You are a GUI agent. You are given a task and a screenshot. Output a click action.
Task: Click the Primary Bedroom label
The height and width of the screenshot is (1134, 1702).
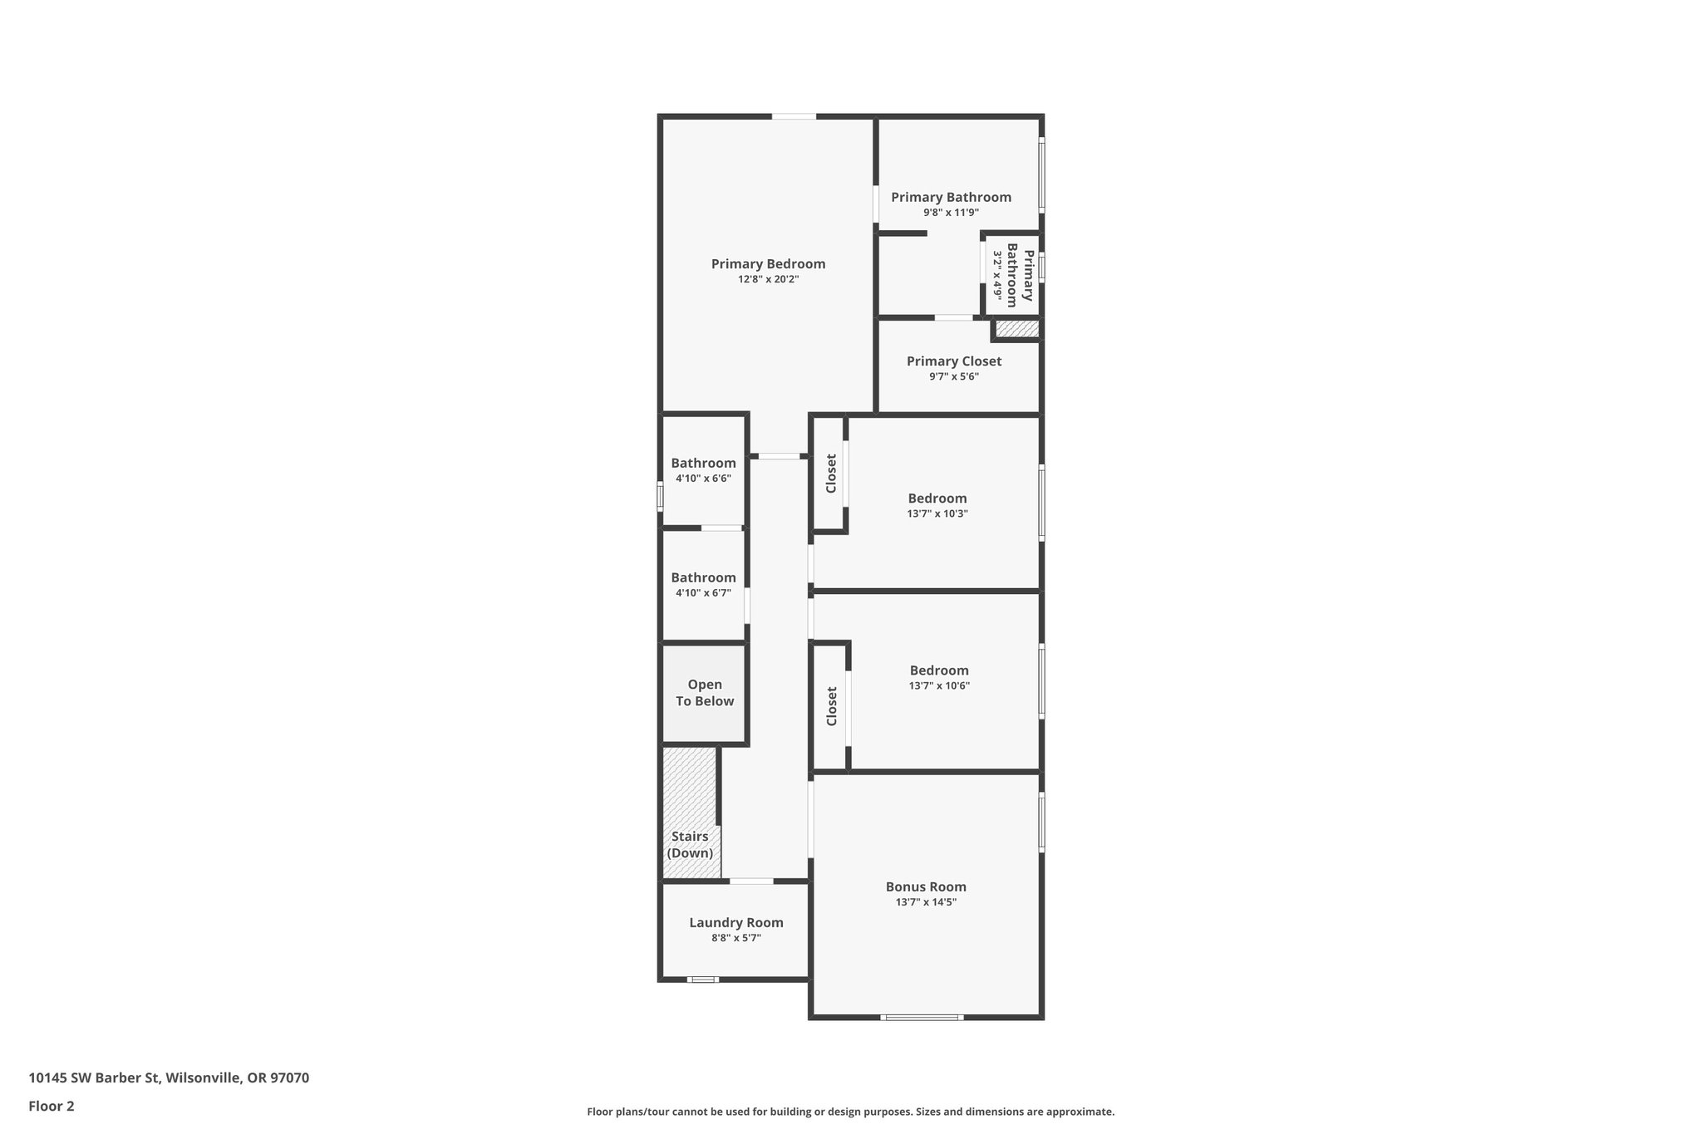(768, 264)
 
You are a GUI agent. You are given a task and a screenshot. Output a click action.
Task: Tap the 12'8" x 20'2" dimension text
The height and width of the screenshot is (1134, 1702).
(768, 280)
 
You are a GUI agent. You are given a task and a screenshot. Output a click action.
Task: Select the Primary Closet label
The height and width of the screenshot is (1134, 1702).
(953, 361)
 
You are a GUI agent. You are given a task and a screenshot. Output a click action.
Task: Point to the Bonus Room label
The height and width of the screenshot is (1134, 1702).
(926, 886)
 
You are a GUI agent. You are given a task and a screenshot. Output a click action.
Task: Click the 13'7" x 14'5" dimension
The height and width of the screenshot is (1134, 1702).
(926, 902)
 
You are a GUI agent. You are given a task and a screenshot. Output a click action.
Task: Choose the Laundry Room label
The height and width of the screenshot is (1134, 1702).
(735, 922)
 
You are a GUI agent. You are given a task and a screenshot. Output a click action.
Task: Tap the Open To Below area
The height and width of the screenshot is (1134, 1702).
(705, 693)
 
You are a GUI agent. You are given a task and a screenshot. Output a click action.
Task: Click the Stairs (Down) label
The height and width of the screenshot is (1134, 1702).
(690, 845)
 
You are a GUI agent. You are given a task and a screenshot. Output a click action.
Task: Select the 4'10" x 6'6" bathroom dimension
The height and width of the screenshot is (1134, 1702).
(703, 479)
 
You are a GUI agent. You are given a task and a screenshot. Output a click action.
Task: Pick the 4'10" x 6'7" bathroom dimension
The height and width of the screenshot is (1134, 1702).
(703, 593)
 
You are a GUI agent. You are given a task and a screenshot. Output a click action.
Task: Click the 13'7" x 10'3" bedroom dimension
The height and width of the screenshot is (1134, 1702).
(937, 513)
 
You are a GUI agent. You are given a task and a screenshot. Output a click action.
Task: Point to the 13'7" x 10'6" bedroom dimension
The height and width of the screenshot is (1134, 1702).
(939, 686)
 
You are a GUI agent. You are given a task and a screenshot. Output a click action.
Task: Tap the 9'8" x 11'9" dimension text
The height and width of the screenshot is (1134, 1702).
(951, 213)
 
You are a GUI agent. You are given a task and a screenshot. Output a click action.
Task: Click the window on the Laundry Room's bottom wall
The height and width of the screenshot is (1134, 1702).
(703, 979)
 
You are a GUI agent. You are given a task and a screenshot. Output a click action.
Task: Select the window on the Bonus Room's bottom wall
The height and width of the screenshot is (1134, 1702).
(922, 1017)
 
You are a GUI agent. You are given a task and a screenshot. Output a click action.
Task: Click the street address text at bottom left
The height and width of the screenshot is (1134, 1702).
(169, 1078)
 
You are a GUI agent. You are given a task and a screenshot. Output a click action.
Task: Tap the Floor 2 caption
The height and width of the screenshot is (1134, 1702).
(52, 1107)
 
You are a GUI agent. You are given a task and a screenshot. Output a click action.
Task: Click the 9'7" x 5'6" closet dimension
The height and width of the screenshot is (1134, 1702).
(953, 377)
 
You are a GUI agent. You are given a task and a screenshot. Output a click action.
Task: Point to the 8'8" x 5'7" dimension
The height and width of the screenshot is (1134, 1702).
(735, 938)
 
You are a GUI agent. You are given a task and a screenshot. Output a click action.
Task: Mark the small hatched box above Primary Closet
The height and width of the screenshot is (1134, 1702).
(1016, 329)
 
